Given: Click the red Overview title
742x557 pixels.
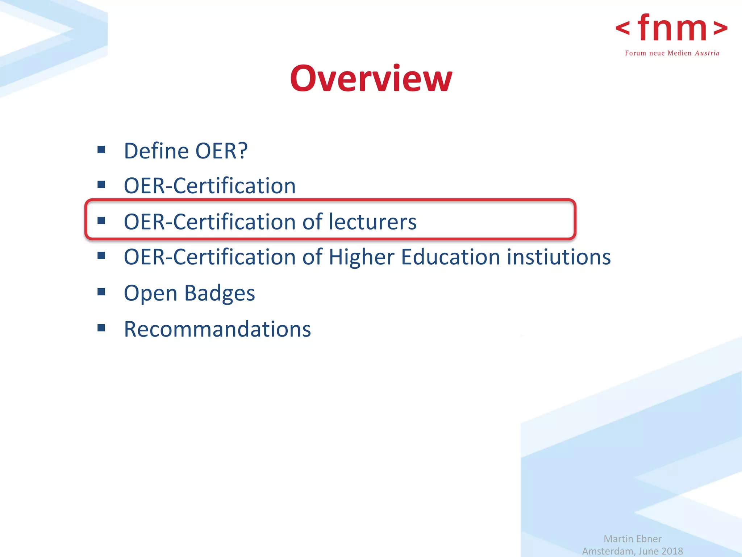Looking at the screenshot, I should click(371, 78).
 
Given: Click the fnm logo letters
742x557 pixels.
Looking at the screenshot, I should click(672, 28).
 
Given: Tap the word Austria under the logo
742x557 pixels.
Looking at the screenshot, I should click(707, 53).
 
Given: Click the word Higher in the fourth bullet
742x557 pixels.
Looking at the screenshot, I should click(361, 257).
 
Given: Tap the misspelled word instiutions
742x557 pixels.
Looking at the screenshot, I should click(559, 257).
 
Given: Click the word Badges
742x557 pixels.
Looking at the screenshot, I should click(220, 293).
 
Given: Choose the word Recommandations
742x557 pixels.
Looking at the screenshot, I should click(217, 329).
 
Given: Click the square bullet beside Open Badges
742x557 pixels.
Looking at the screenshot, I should click(101, 292).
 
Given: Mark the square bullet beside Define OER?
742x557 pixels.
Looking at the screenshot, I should click(101, 149).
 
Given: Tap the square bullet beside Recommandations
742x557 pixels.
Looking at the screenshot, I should click(101, 328).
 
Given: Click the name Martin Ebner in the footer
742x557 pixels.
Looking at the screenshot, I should click(632, 539).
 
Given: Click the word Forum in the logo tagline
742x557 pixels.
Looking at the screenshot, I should click(635, 53).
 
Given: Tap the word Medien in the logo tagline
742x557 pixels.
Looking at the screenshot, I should click(679, 53).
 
